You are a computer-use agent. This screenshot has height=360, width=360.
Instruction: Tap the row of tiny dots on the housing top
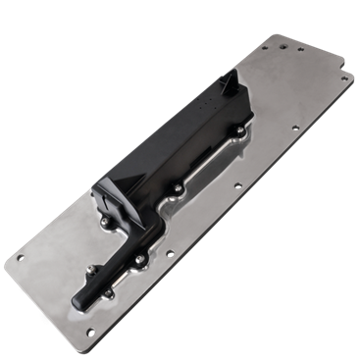pos(207,102)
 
